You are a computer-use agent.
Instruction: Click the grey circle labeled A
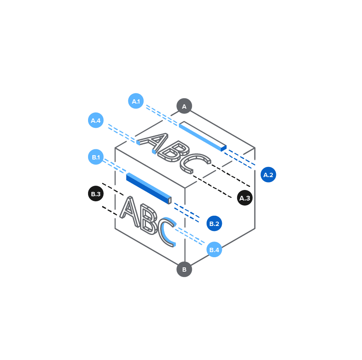tap(184, 106)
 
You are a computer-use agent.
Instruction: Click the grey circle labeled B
tap(184, 269)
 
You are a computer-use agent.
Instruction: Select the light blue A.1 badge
tap(136, 101)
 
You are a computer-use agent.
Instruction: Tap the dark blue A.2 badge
tap(268, 175)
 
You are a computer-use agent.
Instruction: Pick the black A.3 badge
tap(245, 198)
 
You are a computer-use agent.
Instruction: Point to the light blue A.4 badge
tap(96, 120)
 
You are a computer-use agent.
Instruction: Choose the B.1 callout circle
tap(96, 157)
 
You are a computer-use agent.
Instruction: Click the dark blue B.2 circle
tap(214, 224)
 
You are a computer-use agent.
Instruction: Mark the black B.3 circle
tap(96, 193)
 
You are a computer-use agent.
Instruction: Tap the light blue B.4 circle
tap(214, 249)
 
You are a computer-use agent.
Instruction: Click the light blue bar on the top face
tap(203, 136)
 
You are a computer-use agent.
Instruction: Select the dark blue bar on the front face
tap(149, 188)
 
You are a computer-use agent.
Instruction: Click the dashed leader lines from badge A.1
tap(162, 115)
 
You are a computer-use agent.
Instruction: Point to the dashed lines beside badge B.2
tap(187, 213)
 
